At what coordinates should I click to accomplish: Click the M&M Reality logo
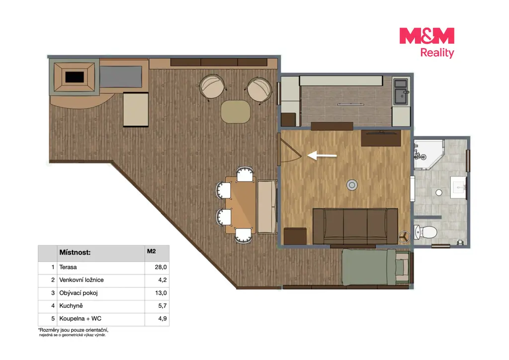point(426,43)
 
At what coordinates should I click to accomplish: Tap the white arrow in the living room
point(322,156)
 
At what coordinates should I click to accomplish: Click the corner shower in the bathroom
point(428,155)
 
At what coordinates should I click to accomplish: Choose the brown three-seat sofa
point(355,226)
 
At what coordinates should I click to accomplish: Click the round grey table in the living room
point(352,185)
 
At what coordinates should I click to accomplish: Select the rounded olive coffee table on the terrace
point(236,112)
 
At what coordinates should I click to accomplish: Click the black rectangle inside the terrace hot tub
point(75,77)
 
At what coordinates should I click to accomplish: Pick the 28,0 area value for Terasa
point(161,267)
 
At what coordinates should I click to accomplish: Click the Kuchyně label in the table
point(71,306)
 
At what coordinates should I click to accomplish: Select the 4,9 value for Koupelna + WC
point(163,318)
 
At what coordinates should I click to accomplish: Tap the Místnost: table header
point(75,253)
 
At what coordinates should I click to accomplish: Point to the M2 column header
point(151,251)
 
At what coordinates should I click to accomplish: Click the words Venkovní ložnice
point(82,280)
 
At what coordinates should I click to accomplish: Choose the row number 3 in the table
point(53,293)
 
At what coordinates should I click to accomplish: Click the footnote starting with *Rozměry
point(74,333)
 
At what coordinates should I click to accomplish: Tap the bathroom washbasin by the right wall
point(459,187)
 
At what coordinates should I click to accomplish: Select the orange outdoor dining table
point(241,205)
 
